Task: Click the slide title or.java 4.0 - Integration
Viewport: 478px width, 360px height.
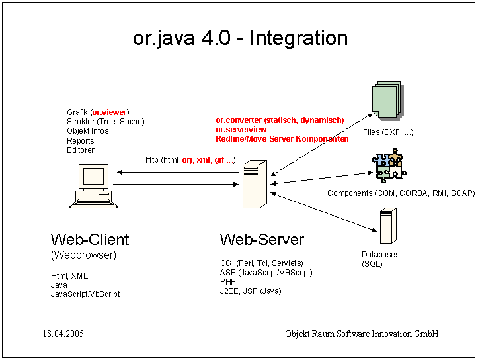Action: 240,38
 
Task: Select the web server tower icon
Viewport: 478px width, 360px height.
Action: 251,186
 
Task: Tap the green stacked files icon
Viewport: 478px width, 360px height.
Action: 387,101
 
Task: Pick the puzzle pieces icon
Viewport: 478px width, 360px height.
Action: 387,165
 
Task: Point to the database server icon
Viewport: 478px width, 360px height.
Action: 387,226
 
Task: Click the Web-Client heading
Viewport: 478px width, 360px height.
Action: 90,239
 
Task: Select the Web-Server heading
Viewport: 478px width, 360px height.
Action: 262,239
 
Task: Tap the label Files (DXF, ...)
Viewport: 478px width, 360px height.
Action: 388,132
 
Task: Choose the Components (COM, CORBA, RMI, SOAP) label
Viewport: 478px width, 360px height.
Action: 401,193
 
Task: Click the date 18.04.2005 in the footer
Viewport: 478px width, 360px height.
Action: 63,334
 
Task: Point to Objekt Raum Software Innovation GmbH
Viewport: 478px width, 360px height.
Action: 362,334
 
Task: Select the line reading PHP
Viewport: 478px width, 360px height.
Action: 227,281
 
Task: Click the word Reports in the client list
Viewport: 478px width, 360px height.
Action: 81,140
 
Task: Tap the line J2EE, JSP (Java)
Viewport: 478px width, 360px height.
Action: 251,291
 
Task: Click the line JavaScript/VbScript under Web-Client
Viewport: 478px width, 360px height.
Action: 85,294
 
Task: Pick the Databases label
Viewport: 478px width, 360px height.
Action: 380,255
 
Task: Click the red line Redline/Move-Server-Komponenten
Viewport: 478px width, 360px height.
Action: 282,139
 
